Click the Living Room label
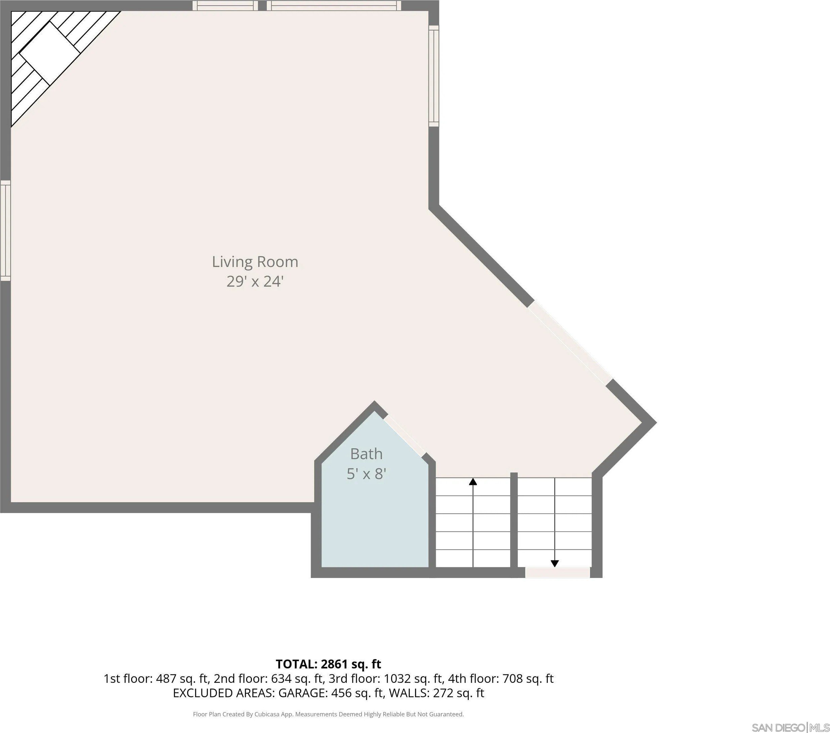tap(255, 262)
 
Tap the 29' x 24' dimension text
tap(255, 281)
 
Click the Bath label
tap(366, 454)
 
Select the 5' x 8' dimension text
tap(366, 474)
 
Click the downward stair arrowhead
tap(555, 564)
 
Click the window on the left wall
tap(5, 231)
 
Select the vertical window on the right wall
tap(434, 76)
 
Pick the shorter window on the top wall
tap(225, 5)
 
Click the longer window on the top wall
tap(334, 5)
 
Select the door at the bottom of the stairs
tap(557, 573)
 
